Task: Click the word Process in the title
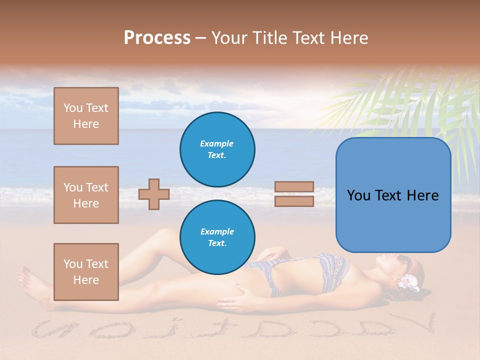(157, 38)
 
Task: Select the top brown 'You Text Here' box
(86, 116)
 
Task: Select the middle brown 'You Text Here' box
(86, 195)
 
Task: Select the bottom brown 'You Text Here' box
(86, 272)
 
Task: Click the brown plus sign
(154, 194)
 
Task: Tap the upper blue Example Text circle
(217, 149)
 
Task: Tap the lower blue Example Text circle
(217, 237)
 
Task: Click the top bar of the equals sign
(294, 186)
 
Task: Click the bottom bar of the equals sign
(294, 201)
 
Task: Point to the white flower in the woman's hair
(409, 282)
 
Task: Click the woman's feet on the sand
(32, 285)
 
